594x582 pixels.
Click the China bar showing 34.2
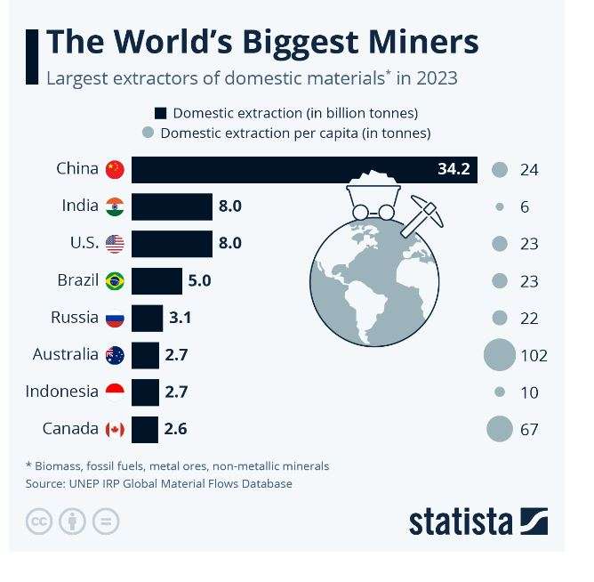(x=302, y=169)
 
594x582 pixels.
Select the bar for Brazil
(x=157, y=281)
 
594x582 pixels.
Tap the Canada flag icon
(x=115, y=430)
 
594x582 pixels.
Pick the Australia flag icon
(x=115, y=355)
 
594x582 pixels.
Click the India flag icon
(x=115, y=206)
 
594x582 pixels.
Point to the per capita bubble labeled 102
(x=500, y=355)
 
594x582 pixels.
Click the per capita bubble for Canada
(x=500, y=430)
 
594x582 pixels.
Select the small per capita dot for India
(x=500, y=206)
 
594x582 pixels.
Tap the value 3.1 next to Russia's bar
(x=181, y=318)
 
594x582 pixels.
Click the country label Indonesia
(x=61, y=392)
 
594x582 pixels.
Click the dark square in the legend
(x=161, y=113)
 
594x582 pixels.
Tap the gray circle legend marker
(x=148, y=133)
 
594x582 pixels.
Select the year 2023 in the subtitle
(x=436, y=77)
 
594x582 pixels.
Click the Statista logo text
(x=461, y=521)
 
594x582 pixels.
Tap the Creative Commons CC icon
(x=39, y=521)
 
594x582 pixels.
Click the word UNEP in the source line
(x=86, y=484)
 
